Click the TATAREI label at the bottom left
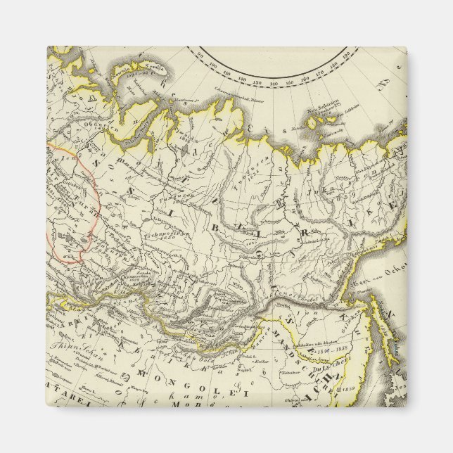coord(67,401)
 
